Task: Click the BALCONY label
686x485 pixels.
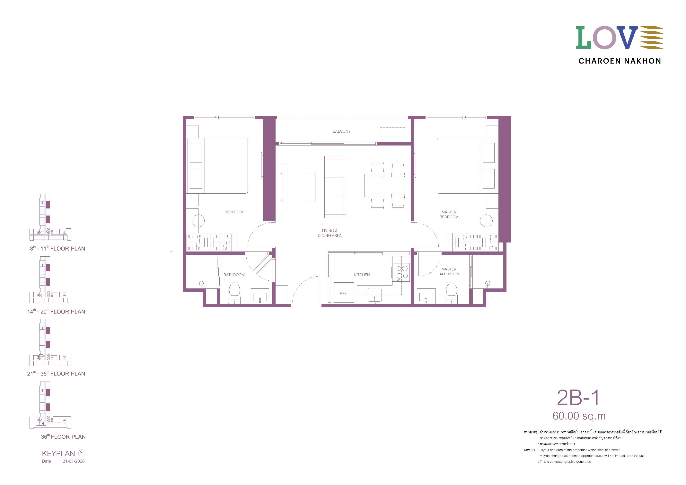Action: tap(341, 131)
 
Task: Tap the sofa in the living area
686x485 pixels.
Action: tap(337, 187)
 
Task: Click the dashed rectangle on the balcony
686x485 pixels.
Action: tap(392, 132)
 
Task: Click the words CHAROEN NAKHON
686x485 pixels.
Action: tap(620, 61)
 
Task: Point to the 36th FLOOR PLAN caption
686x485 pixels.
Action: tap(63, 436)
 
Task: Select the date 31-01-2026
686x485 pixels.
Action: tap(74, 461)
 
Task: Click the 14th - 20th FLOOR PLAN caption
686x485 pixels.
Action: tap(56, 311)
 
